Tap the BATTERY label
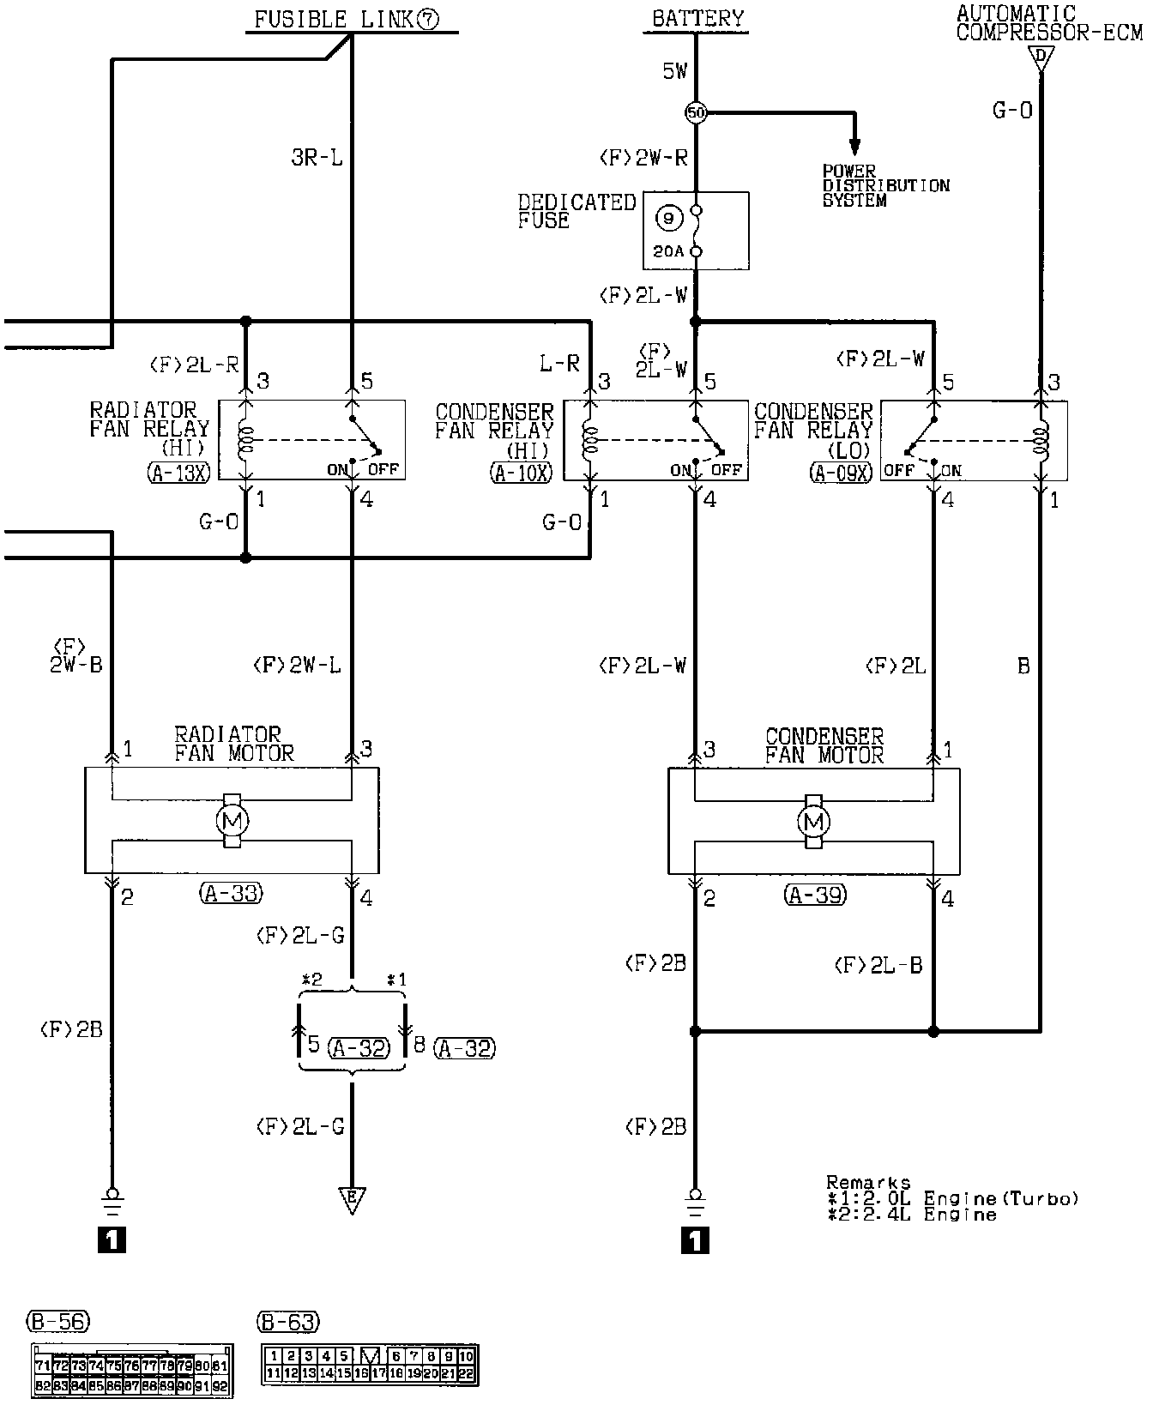pos(698,18)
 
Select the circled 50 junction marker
pos(696,112)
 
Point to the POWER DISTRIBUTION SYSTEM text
pos(885,185)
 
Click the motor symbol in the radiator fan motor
pos(232,821)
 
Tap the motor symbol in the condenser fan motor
pos(813,823)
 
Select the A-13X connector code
pos(178,473)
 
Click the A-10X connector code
pos(522,473)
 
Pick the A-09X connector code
pos(841,473)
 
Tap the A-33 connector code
pos(231,894)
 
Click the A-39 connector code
pos(814,895)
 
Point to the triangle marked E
pos(351,1198)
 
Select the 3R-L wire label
pos(317,159)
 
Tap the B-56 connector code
pos(58,1321)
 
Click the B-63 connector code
pos(287,1322)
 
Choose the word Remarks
pos(867,1183)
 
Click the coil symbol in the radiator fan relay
pos(246,440)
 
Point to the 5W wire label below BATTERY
pos(674,72)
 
